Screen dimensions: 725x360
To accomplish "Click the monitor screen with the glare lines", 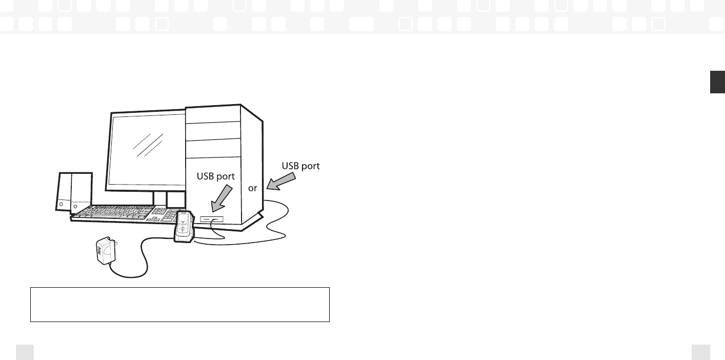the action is click(146, 149).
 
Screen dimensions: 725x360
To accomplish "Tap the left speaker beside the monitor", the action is click(63, 192).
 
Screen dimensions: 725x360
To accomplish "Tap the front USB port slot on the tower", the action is click(212, 219).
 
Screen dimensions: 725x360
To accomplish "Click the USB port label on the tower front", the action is click(216, 176).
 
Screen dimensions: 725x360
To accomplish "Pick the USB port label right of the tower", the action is click(300, 166).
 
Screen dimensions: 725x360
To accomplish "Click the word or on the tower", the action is click(252, 188).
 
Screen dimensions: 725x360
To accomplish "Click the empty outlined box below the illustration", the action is click(179, 305).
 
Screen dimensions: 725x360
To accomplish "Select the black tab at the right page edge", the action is click(717, 83).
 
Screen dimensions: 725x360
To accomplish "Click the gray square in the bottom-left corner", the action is click(25, 352).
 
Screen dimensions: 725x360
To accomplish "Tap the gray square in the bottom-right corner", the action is click(700, 352).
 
